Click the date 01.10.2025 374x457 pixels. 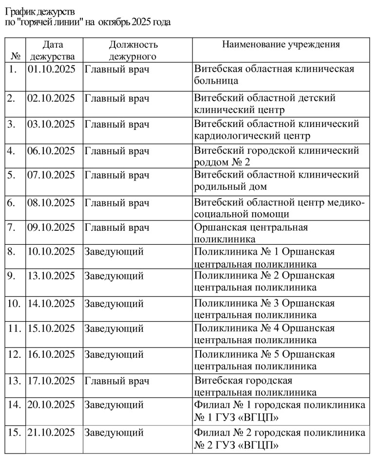(52, 69)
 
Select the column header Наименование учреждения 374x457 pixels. (281, 45)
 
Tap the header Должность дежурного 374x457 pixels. (133, 51)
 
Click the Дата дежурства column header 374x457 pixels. (52, 51)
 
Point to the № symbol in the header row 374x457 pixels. (15, 56)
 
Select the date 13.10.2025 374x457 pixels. (52, 276)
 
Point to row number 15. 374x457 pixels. (15, 433)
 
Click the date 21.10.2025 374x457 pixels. (52, 433)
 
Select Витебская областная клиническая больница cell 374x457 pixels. (274, 74)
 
